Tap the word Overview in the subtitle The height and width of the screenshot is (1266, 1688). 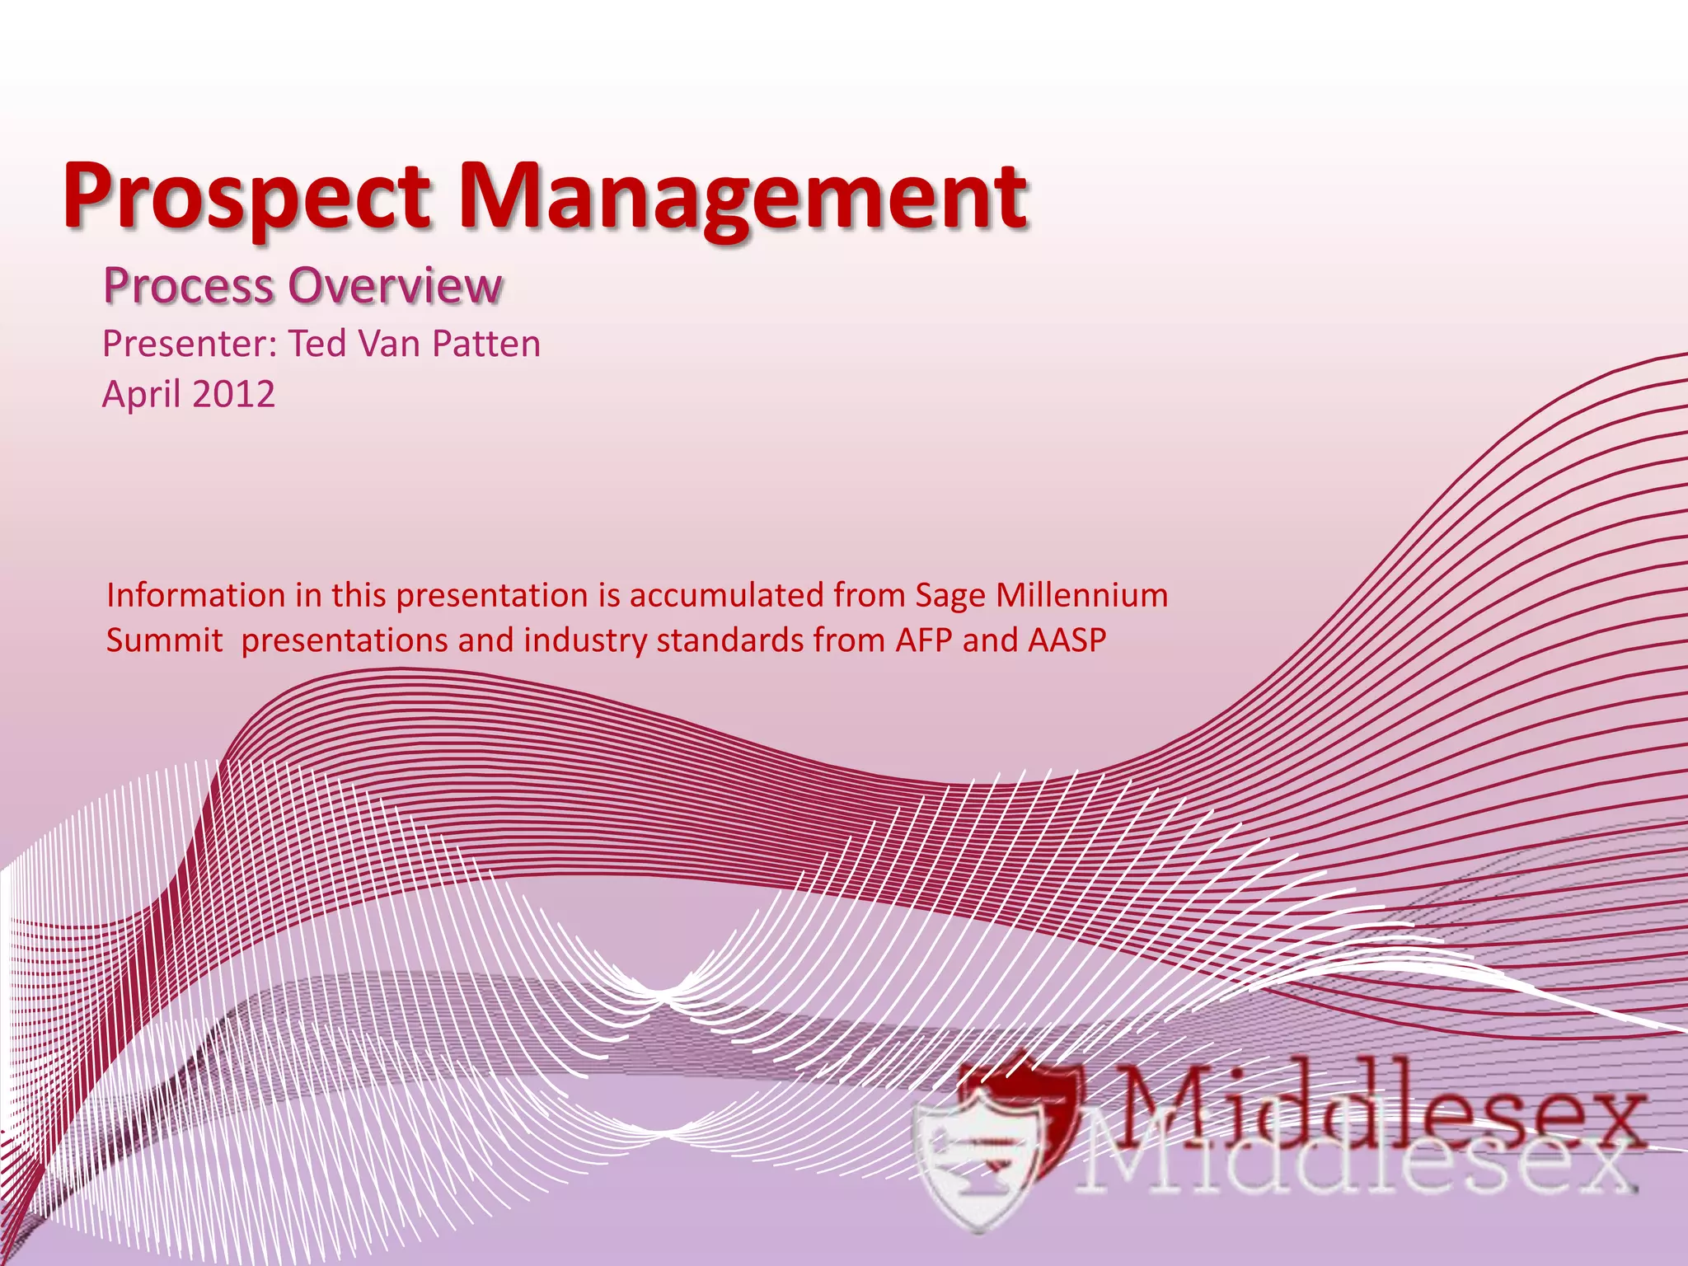click(x=396, y=286)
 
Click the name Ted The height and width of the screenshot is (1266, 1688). click(x=316, y=344)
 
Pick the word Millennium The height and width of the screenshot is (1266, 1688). click(x=1081, y=595)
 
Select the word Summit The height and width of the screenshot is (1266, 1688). click(x=164, y=640)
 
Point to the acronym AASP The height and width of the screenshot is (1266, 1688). click(x=1067, y=640)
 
